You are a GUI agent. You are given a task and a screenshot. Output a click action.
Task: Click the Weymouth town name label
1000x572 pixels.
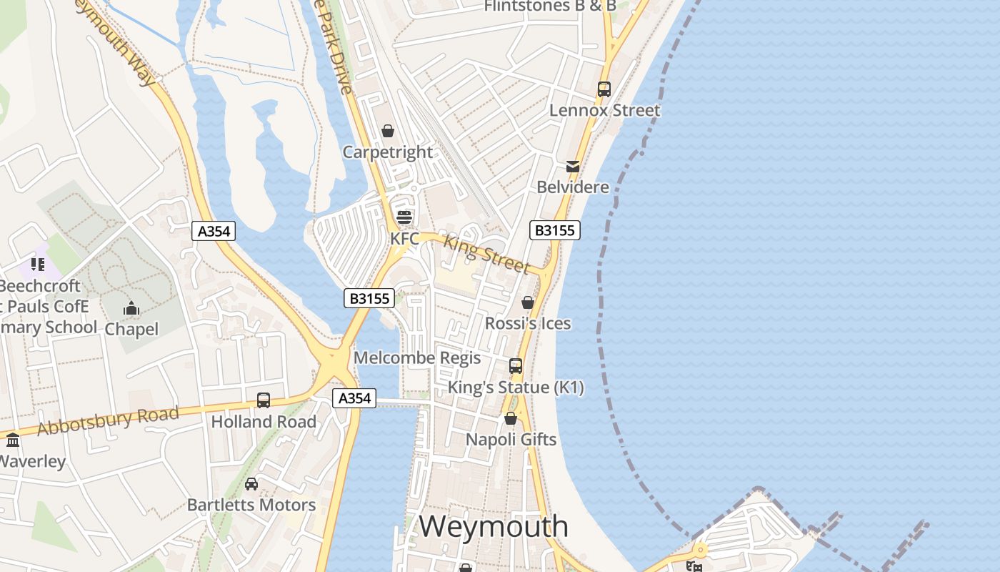pyautogui.click(x=494, y=527)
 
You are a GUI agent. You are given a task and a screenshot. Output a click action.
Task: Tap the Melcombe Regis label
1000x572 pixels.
pyautogui.click(x=417, y=357)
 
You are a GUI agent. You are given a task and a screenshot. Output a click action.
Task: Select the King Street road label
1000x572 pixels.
pyautogui.click(x=486, y=254)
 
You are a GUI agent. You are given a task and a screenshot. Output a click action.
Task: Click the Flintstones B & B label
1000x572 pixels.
pyautogui.click(x=550, y=6)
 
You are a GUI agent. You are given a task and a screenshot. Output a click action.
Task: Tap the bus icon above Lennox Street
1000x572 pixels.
pyautogui.click(x=604, y=89)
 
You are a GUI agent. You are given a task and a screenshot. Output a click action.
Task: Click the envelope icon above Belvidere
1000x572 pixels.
pyautogui.click(x=573, y=167)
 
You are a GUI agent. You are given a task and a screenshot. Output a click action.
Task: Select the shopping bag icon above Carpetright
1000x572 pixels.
pyautogui.click(x=388, y=131)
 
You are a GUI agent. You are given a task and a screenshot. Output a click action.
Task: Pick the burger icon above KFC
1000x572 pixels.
pyautogui.click(x=404, y=217)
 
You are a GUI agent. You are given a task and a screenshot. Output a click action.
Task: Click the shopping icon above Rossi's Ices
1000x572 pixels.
pyautogui.click(x=528, y=302)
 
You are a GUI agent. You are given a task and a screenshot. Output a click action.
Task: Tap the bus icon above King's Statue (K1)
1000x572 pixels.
pyautogui.click(x=516, y=366)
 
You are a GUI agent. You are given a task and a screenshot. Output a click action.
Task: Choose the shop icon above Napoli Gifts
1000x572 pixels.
pyautogui.click(x=511, y=418)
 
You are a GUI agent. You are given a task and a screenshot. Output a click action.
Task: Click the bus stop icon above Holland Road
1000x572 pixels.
pyautogui.click(x=264, y=400)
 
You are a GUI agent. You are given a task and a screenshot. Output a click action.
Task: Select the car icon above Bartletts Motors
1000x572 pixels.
pyautogui.click(x=251, y=484)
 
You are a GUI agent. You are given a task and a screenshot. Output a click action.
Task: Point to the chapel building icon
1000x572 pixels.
pyautogui.click(x=131, y=309)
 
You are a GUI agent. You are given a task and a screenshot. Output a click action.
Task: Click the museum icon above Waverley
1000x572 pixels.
pyautogui.click(x=13, y=440)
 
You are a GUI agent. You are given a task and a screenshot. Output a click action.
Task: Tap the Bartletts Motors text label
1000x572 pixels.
pyautogui.click(x=251, y=505)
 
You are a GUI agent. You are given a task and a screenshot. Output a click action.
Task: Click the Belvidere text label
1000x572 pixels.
pyautogui.click(x=573, y=187)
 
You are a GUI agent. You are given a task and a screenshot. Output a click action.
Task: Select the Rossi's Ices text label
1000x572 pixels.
pyautogui.click(x=528, y=323)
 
